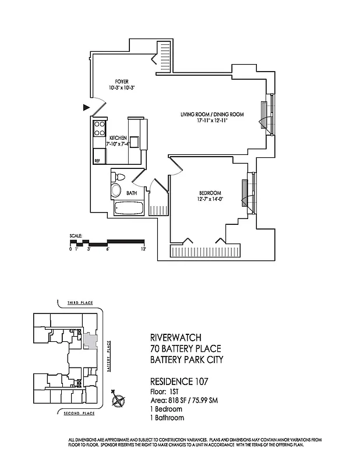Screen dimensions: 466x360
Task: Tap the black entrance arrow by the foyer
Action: click(x=86, y=107)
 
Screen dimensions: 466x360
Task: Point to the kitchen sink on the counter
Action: click(x=134, y=142)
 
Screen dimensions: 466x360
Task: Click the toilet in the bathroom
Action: click(x=118, y=177)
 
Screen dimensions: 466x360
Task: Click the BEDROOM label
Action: click(x=210, y=193)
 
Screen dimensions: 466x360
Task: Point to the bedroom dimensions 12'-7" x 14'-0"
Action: click(x=210, y=199)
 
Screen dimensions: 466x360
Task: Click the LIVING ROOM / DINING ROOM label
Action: click(x=211, y=114)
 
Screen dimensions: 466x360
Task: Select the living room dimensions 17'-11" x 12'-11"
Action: click(x=211, y=121)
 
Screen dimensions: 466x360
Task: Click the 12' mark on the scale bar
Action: click(x=143, y=249)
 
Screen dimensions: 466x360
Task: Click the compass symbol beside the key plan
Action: click(x=119, y=400)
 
